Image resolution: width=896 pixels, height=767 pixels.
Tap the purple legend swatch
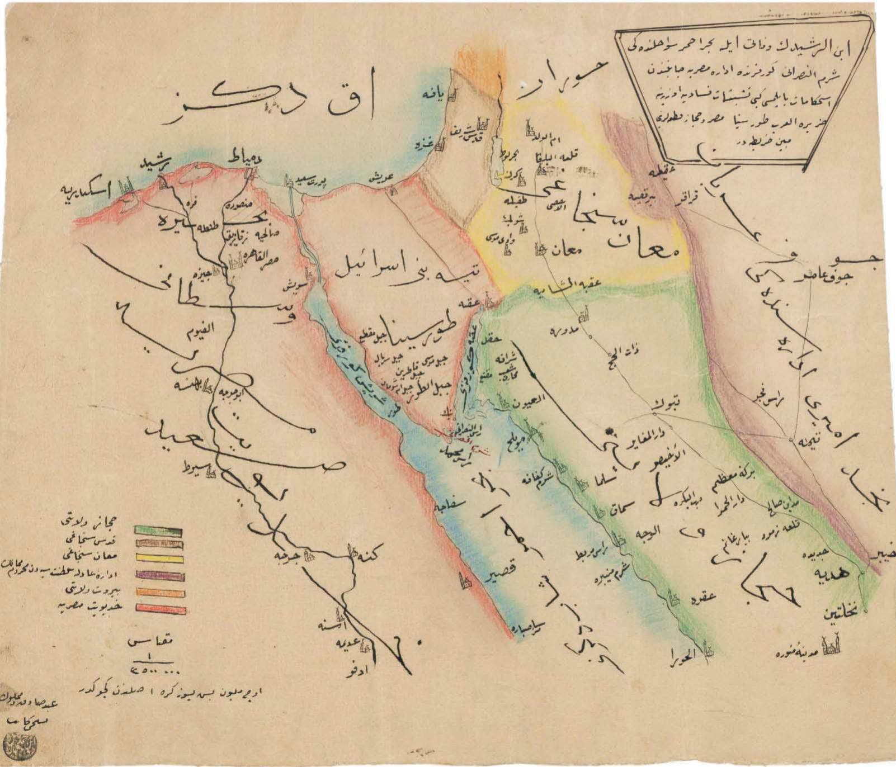click(159, 575)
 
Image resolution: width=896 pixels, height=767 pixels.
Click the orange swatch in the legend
click(159, 593)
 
